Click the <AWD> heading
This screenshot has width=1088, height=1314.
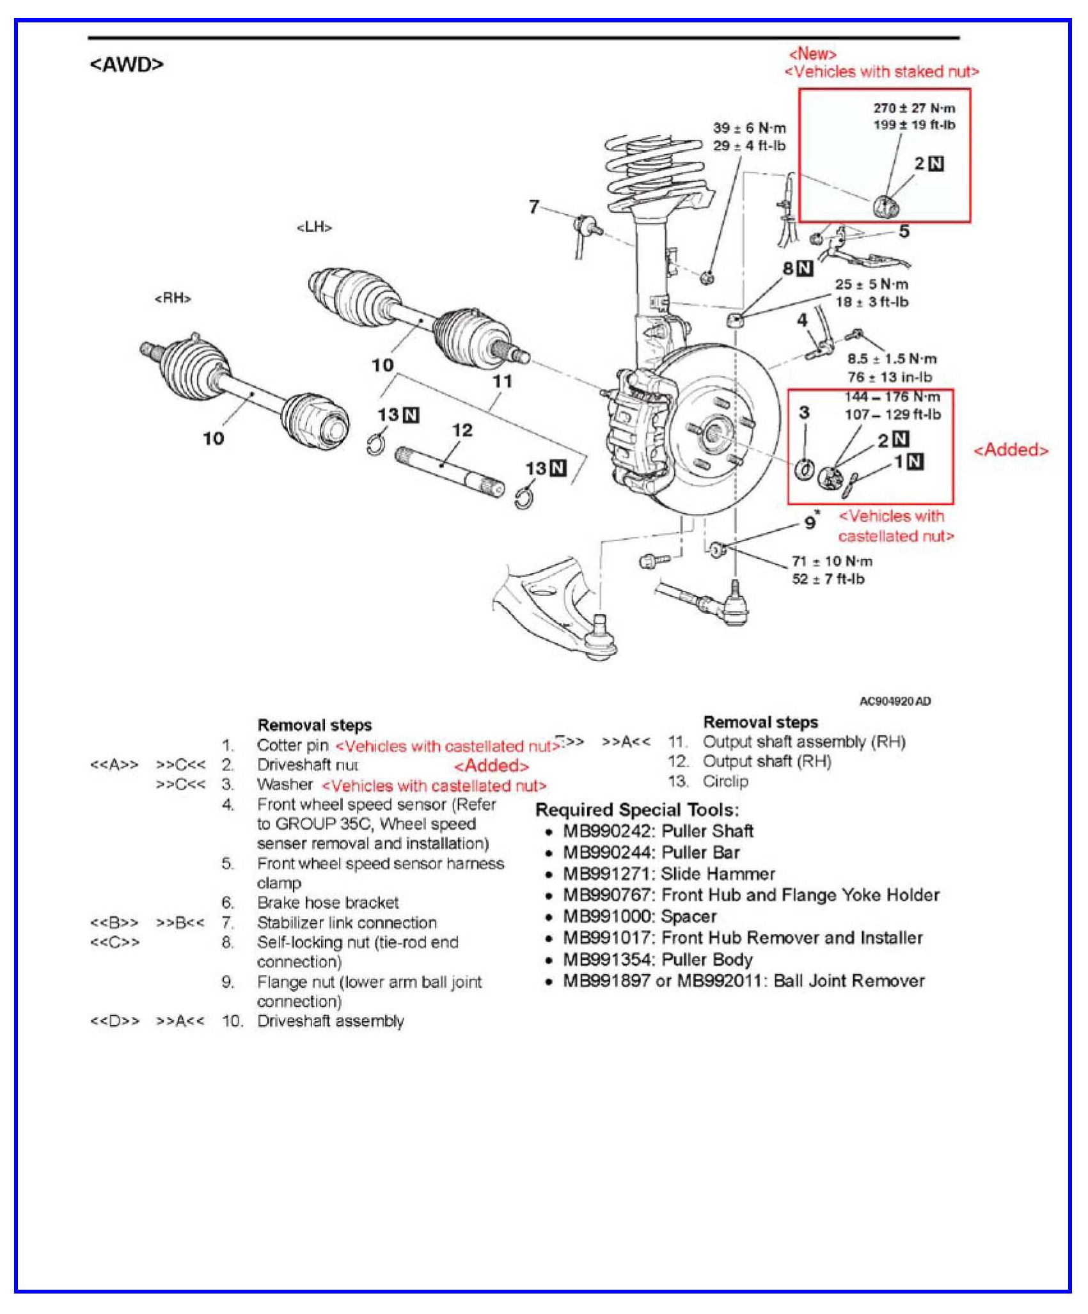[x=127, y=65]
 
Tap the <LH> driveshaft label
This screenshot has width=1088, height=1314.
[x=314, y=228]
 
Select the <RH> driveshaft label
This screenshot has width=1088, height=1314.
[x=173, y=298]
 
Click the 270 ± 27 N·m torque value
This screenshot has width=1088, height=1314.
[x=914, y=108]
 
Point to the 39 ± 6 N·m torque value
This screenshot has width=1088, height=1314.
[x=749, y=129]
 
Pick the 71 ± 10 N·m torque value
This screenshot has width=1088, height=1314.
[x=832, y=561]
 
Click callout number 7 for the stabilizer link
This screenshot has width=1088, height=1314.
[x=533, y=207]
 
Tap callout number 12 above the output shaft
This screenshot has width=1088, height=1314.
[x=462, y=430]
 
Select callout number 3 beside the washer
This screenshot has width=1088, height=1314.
[x=804, y=412]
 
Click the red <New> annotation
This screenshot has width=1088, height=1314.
[x=812, y=54]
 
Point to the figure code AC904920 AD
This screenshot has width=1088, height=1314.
[x=895, y=701]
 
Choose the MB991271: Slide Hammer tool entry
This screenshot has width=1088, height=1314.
[x=668, y=873]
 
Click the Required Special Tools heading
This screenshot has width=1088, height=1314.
[x=636, y=810]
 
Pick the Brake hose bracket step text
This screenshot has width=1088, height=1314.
[x=327, y=902]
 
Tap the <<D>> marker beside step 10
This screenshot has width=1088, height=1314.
[x=114, y=1021]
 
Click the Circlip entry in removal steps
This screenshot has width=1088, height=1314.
[x=725, y=781]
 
